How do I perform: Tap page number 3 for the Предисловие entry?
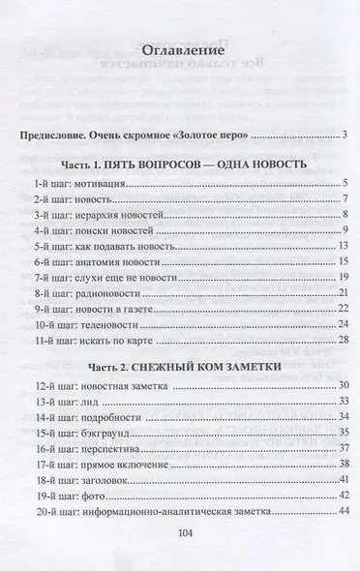345,135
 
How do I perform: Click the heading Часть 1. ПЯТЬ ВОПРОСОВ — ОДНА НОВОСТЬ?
180,165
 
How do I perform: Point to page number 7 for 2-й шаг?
345,199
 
